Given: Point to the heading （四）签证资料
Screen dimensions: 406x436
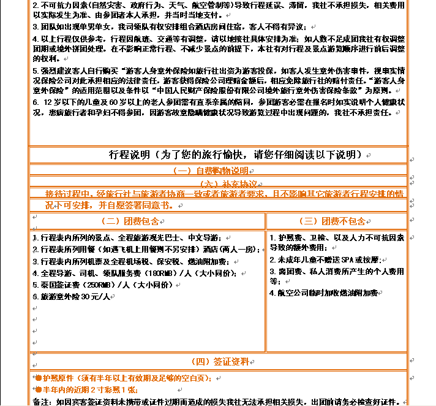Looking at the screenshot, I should coord(219,361).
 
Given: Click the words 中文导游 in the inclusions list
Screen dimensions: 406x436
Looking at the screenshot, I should coord(206,238).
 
